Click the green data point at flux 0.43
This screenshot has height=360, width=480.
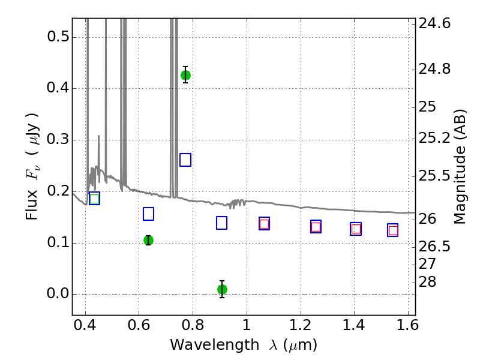[185, 75]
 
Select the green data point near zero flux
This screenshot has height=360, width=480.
[222, 289]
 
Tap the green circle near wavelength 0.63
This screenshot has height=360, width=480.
[148, 241]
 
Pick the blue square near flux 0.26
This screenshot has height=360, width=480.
[185, 160]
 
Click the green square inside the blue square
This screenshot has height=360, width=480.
[95, 199]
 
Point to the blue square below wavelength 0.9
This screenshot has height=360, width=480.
[221, 223]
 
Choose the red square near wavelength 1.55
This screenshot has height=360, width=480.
[393, 230]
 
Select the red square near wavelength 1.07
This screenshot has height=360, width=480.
[264, 224]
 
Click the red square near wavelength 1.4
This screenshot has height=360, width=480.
[356, 229]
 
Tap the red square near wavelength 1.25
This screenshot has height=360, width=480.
[316, 227]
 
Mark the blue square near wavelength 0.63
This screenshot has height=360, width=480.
[148, 214]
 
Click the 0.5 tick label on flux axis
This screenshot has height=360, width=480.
[58, 37]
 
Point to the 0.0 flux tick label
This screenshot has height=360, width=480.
[58, 293]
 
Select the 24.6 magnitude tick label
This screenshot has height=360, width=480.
[434, 23]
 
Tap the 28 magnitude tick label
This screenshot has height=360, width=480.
[427, 281]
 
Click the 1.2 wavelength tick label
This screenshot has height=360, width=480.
[301, 325]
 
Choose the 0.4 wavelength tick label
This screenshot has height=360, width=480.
[85, 325]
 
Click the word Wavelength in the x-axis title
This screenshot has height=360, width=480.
[215, 345]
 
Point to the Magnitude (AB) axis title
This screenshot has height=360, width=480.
[460, 167]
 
